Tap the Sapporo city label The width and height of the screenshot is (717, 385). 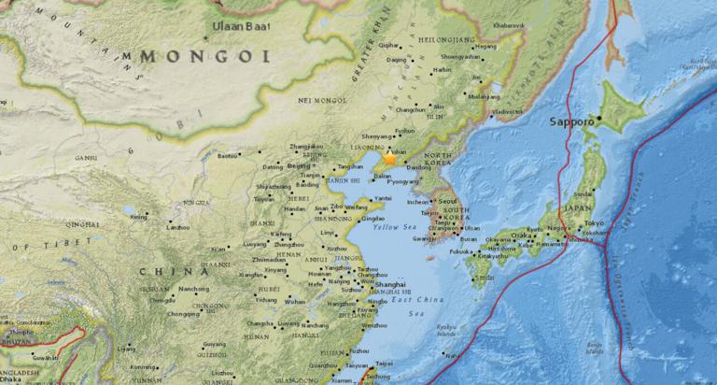[x=571, y=121]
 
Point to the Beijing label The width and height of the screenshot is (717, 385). [x=299, y=165]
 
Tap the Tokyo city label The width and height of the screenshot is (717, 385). [x=595, y=222]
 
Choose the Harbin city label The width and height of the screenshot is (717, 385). [x=443, y=69]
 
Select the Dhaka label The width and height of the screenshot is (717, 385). [x=13, y=379]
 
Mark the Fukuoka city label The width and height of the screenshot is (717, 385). [x=461, y=251]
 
